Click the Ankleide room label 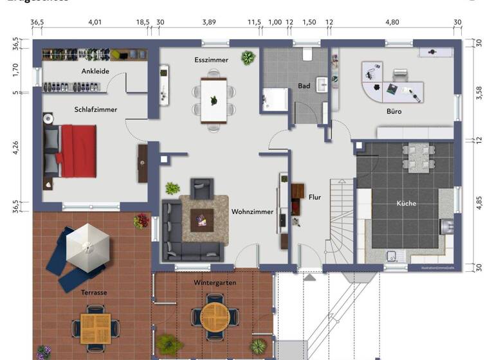95,71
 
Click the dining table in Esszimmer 214,100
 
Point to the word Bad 304,86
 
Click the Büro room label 394,111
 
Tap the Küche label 407,203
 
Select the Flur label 315,197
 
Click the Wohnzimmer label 252,211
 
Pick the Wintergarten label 214,283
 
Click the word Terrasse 94,292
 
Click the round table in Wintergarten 215,315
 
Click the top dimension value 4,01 95,22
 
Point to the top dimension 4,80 392,22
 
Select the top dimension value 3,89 208,22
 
